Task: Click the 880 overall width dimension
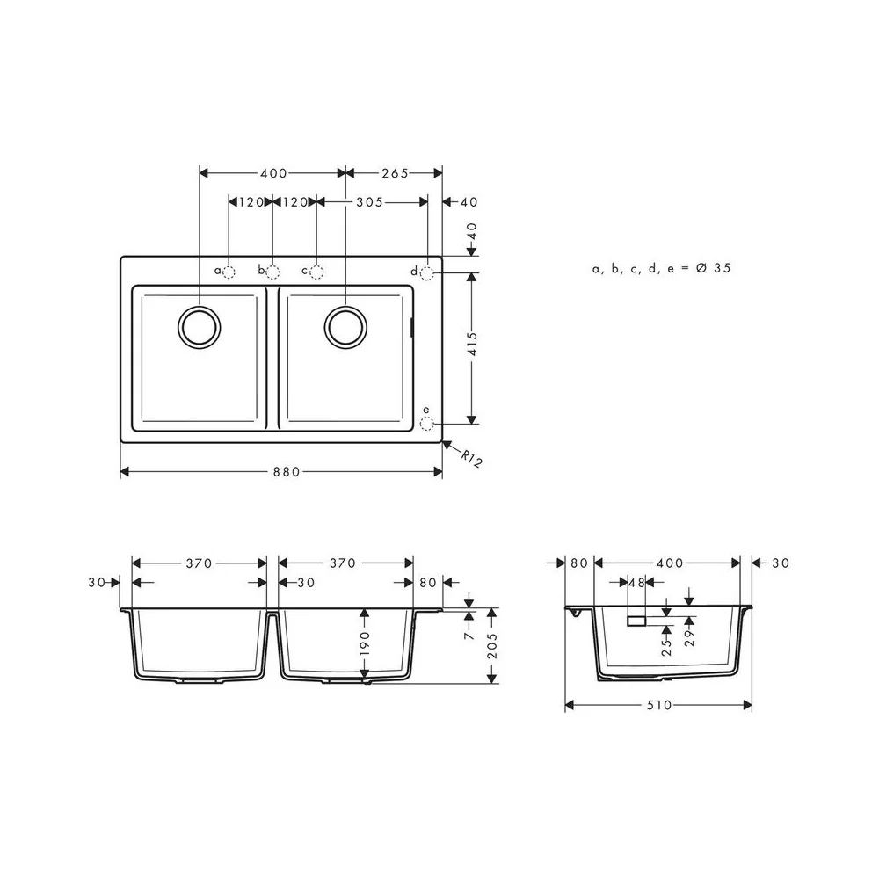point(287,472)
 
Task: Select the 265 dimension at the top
point(396,173)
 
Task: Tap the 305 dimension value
point(369,202)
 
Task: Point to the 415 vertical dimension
point(472,344)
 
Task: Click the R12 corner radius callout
point(471,459)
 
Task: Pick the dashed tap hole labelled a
point(229,272)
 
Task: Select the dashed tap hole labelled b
point(272,272)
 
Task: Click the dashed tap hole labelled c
point(316,272)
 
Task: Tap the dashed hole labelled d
point(426,273)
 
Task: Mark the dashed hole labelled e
point(426,424)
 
